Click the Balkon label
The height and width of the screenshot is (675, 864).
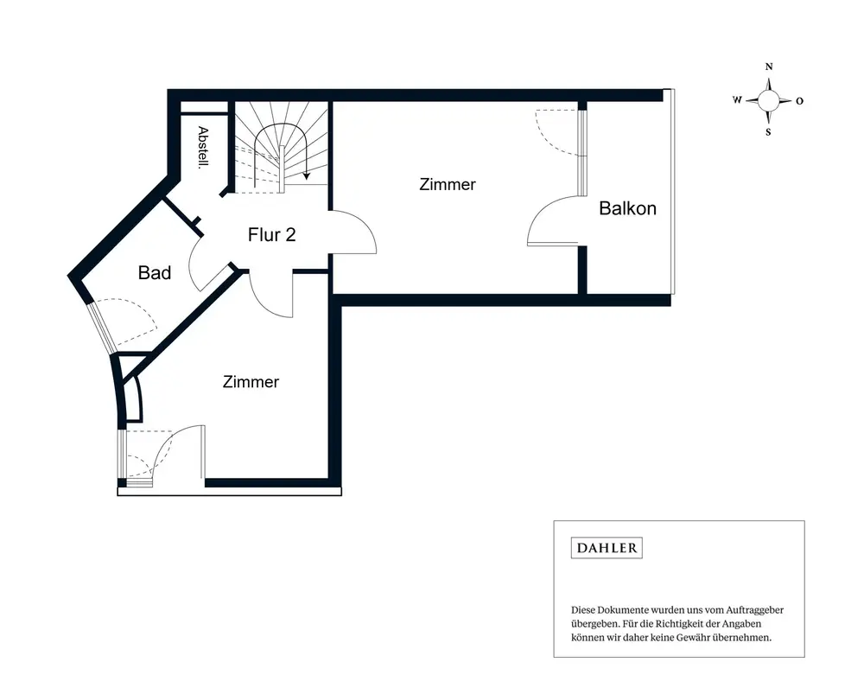(x=627, y=208)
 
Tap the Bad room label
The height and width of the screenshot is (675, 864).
(x=155, y=272)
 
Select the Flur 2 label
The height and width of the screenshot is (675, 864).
(x=271, y=235)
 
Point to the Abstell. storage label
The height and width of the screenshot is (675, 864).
(x=203, y=147)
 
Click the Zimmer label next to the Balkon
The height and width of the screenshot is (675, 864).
(x=448, y=184)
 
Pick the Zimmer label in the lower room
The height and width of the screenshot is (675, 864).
(x=251, y=382)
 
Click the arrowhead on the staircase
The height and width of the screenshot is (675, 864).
(x=307, y=175)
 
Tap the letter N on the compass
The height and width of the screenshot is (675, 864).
(x=769, y=67)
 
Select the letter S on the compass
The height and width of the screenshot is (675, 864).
(x=769, y=132)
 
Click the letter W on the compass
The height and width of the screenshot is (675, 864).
(x=737, y=99)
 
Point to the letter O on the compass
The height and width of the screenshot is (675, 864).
(x=799, y=101)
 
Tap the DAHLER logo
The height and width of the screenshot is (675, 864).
(x=607, y=548)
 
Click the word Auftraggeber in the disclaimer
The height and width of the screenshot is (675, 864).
(x=755, y=610)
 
